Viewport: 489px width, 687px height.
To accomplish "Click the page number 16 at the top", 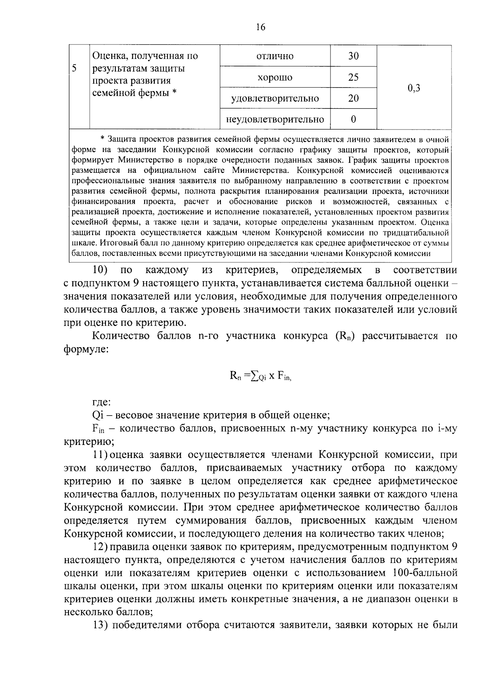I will [261, 27].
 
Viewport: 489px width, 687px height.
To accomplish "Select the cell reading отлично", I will [275, 56].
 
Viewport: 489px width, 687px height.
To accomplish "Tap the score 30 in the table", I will [353, 56].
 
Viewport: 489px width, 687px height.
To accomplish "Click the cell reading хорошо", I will [275, 77].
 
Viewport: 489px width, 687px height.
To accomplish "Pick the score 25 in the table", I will [353, 77].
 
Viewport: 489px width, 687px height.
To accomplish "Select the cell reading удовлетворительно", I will [275, 99].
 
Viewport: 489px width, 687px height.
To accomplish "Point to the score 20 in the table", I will [353, 99].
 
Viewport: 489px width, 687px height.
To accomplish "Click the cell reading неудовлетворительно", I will [275, 120].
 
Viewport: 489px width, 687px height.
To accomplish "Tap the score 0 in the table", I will [353, 120].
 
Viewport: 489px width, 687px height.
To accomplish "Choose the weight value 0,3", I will [414, 88].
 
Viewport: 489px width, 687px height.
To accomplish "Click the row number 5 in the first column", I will [75, 68].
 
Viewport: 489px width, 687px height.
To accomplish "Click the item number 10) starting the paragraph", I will [100, 270].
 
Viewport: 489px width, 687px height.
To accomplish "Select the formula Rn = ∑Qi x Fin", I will [261, 377].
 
